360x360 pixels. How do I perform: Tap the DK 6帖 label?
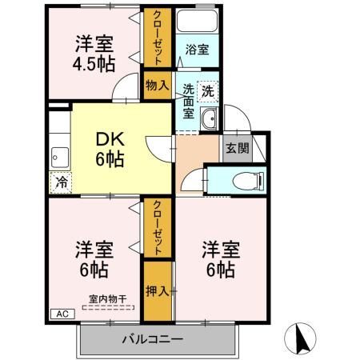click(110, 148)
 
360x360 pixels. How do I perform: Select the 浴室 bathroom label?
click(198, 50)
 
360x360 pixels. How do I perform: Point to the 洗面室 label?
click(188, 101)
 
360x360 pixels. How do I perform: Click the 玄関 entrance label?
click(236, 147)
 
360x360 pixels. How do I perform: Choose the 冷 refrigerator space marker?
click(62, 182)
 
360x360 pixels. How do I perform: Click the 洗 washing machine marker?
click(207, 92)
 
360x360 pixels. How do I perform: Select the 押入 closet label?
click(158, 290)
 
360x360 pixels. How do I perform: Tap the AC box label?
click(61, 314)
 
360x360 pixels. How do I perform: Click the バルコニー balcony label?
click(153, 339)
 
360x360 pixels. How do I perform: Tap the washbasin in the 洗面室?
click(210, 121)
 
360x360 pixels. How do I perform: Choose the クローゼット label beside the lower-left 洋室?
click(158, 228)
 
